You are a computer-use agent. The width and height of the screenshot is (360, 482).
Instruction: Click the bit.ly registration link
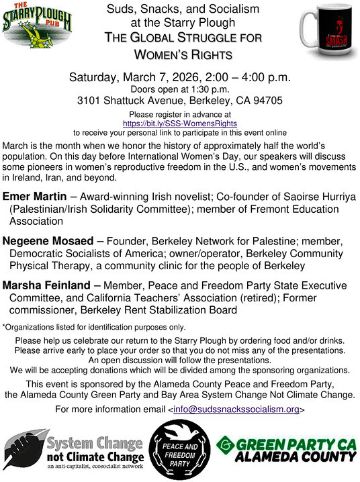pos(179,124)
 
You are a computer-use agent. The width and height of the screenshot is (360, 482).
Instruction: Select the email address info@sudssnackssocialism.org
pos(236,409)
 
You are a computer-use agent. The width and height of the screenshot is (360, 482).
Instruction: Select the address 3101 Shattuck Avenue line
pos(179,101)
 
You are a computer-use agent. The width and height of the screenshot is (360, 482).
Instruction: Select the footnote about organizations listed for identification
pos(94,327)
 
